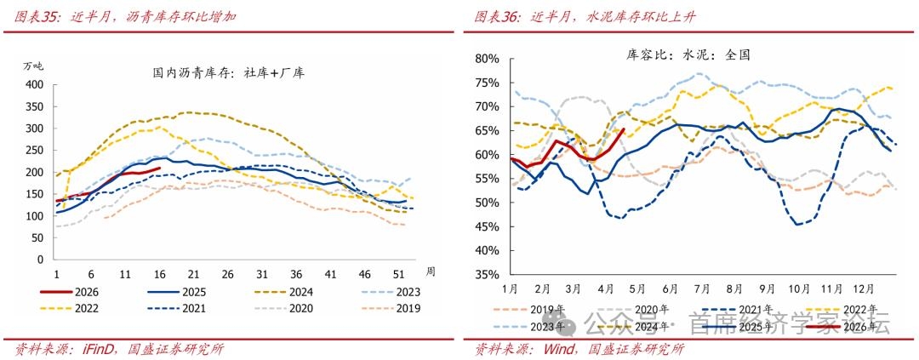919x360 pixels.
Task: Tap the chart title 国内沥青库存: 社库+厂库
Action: (x=222, y=72)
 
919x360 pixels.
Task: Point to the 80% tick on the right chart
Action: (x=487, y=59)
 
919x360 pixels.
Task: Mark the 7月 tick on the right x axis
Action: (x=703, y=289)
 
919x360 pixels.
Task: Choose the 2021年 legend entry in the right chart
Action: (x=756, y=310)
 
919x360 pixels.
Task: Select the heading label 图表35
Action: (x=36, y=16)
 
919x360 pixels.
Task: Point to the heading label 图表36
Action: (x=497, y=16)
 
